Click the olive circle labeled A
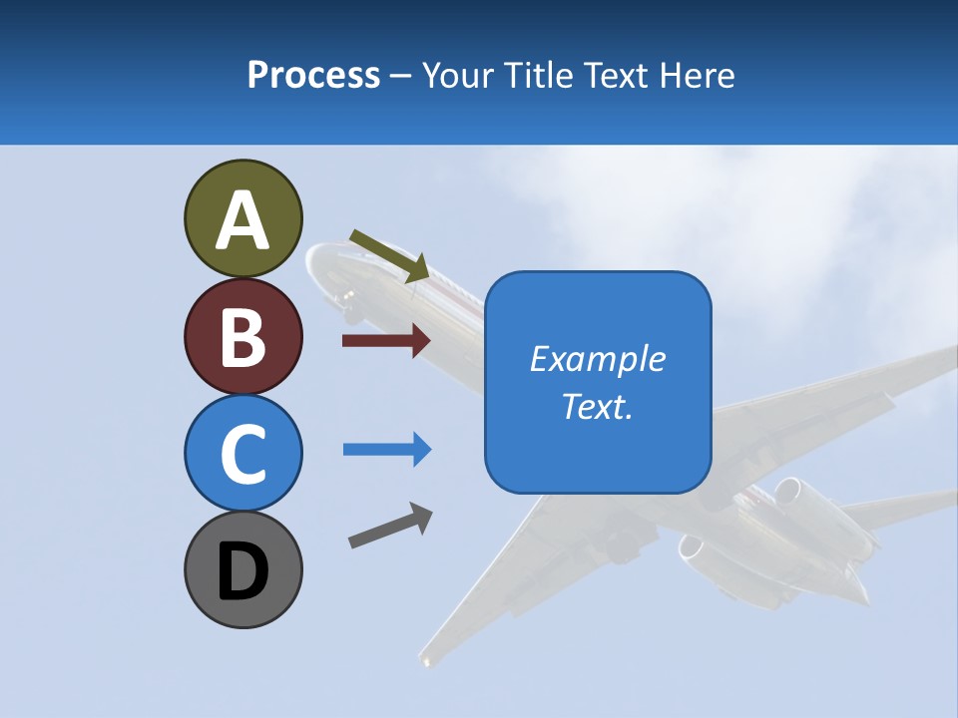click(242, 218)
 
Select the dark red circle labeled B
click(242, 336)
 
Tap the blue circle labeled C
click(242, 453)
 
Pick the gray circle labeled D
click(242, 569)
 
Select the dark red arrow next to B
click(385, 341)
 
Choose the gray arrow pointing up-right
click(390, 526)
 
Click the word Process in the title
click(313, 75)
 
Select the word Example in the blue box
click(597, 359)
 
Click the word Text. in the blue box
click(597, 406)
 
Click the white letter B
click(242, 336)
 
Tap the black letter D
click(242, 569)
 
